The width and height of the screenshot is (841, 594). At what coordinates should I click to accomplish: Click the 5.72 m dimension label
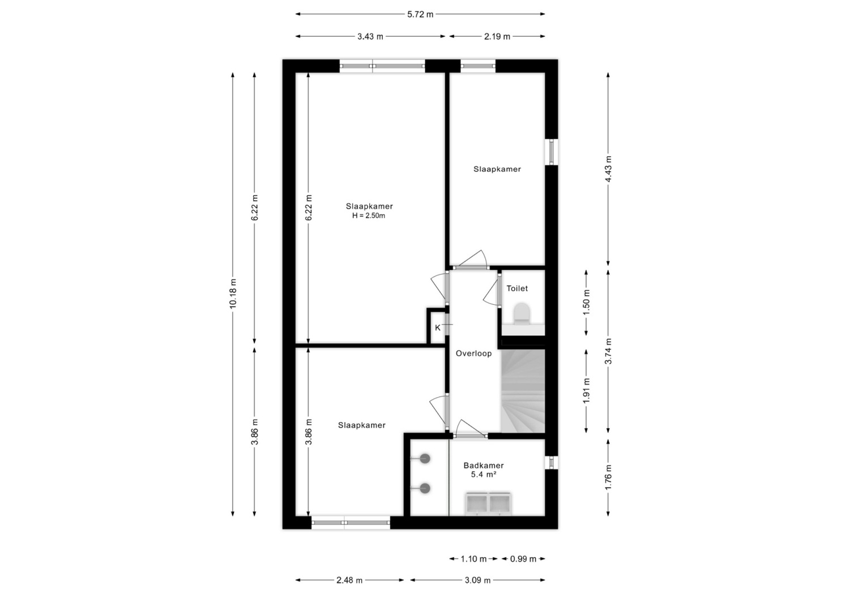point(420,14)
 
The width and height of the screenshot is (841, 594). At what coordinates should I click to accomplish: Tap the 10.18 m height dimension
point(233,294)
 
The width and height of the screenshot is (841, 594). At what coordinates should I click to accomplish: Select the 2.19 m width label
point(497,36)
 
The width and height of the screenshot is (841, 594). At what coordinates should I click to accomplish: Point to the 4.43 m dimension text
point(608,169)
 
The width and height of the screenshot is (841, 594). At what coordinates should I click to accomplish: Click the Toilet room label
point(517,289)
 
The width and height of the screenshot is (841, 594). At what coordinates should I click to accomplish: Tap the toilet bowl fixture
point(522,313)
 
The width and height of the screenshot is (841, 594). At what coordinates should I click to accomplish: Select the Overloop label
point(474,353)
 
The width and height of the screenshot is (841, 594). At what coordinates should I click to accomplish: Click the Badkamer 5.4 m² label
point(484,470)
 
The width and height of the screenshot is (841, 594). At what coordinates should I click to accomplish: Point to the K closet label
point(437,328)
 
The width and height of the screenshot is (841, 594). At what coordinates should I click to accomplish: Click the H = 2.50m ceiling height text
point(369,216)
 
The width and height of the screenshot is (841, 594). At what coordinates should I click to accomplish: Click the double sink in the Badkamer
point(488,503)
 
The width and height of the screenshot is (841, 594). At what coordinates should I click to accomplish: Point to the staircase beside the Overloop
point(523,391)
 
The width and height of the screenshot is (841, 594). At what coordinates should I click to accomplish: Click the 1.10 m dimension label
point(474,559)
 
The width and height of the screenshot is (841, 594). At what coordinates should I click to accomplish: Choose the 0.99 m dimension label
point(523,559)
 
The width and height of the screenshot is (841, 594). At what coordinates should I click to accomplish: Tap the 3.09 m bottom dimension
point(477,580)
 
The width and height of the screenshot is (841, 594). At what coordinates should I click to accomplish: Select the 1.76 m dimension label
point(608,477)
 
